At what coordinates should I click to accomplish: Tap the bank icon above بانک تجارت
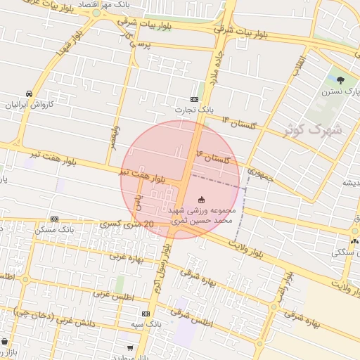click(x=195, y=99)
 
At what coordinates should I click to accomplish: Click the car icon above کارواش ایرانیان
click(x=29, y=94)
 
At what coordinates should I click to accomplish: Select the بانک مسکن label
click(x=56, y=230)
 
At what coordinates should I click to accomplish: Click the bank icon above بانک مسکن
click(x=55, y=219)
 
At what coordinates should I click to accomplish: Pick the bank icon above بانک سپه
click(x=146, y=314)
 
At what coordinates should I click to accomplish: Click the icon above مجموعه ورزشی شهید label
click(x=202, y=200)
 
